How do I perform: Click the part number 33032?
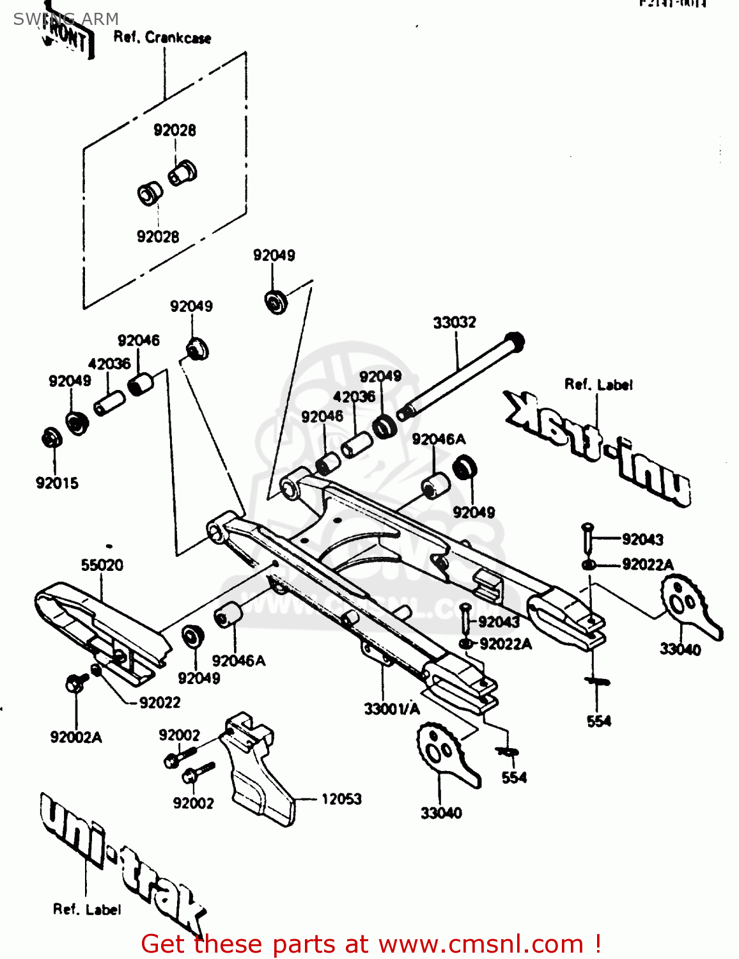click(x=455, y=322)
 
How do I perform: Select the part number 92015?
click(x=57, y=483)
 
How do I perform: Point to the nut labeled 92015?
click(x=51, y=439)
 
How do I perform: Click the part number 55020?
click(x=102, y=565)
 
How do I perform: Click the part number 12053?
click(x=341, y=799)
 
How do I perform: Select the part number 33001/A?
click(x=392, y=708)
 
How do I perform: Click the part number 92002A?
click(x=76, y=737)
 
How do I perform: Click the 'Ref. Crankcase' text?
click(x=162, y=38)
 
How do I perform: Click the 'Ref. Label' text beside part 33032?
click(x=598, y=385)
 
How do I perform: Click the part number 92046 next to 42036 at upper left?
click(x=138, y=341)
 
